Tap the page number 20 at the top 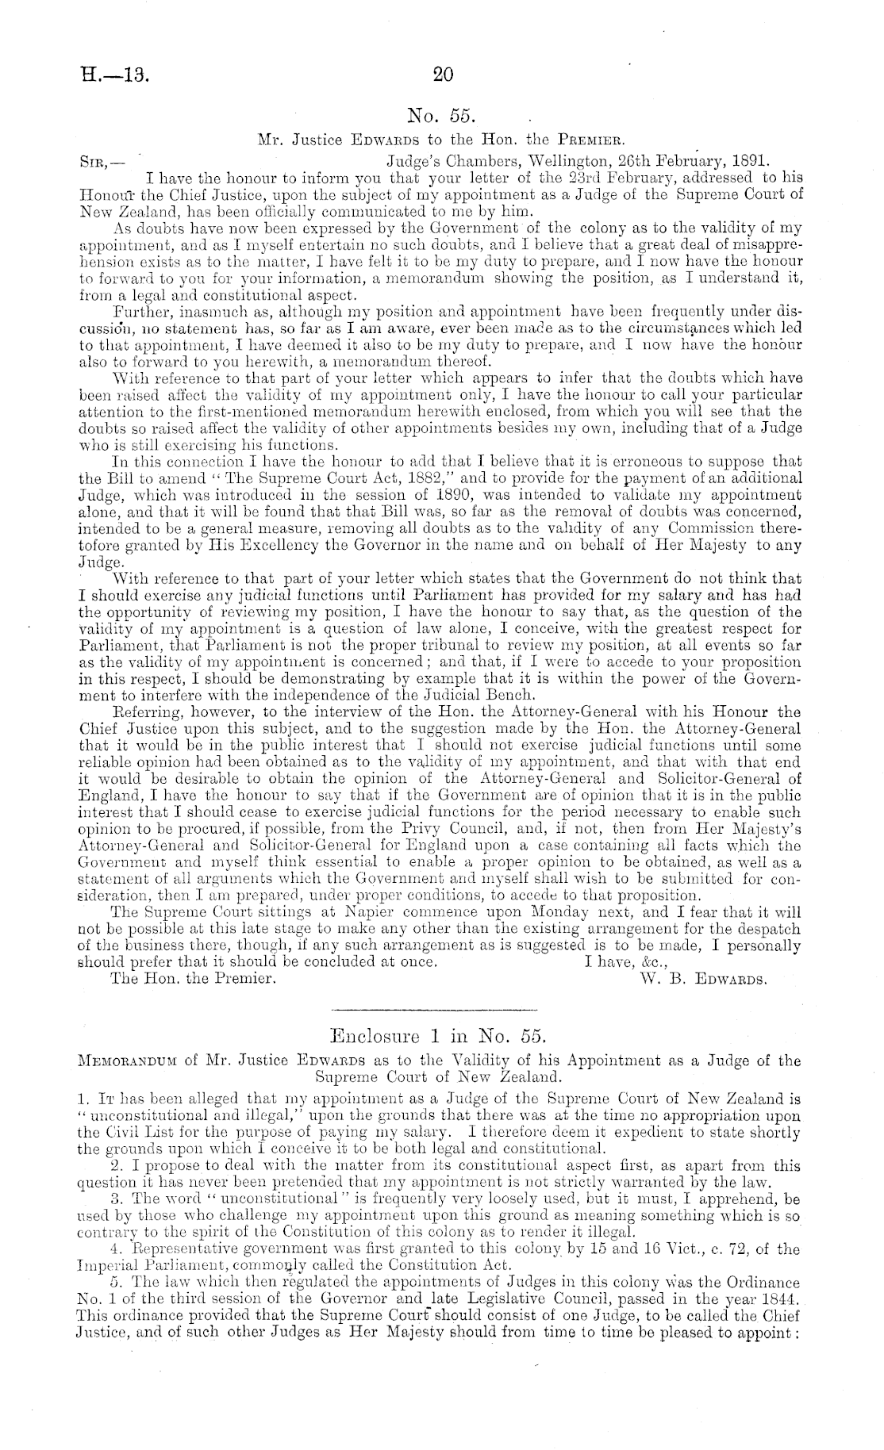[x=442, y=75]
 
